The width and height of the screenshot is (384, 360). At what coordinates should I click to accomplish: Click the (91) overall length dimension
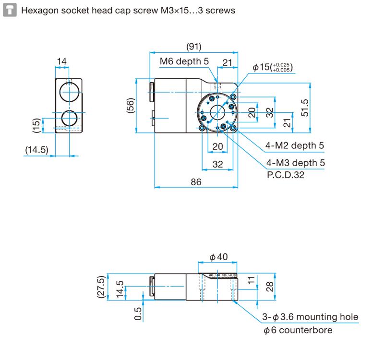[x=193, y=47]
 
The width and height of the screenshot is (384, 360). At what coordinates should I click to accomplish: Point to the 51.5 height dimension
[x=305, y=106]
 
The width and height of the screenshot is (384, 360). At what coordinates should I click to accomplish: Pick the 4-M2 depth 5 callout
[x=295, y=145]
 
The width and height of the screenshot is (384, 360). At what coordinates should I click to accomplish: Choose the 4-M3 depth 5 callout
[x=295, y=163]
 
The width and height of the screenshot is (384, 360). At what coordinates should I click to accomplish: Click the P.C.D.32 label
[x=285, y=175]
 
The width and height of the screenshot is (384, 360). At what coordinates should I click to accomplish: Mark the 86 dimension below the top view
[x=195, y=182]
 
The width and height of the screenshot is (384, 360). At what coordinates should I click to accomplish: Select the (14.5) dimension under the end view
[x=37, y=150]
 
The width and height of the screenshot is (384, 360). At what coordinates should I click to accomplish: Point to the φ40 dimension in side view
[x=218, y=258]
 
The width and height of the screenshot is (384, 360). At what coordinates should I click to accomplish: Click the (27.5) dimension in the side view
[x=101, y=287]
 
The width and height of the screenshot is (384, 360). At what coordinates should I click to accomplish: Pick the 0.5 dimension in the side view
[x=138, y=313]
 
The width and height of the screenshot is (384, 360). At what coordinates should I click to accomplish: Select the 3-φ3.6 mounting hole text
[x=310, y=317]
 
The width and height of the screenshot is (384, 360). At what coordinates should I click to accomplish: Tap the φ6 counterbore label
[x=298, y=330]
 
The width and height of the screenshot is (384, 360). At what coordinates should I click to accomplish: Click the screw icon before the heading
[x=9, y=10]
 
